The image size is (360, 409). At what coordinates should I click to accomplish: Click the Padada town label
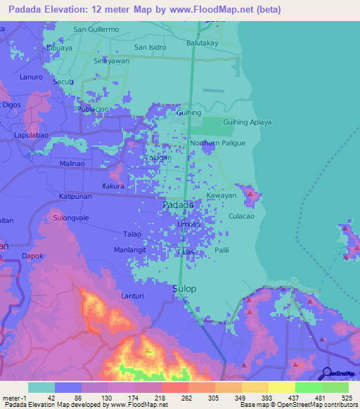[x=178, y=204]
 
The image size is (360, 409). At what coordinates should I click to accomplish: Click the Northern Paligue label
[x=217, y=143]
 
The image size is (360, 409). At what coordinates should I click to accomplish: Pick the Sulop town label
[x=184, y=289]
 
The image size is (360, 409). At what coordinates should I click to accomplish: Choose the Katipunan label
[x=75, y=196]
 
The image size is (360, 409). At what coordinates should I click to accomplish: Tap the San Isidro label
[x=150, y=47]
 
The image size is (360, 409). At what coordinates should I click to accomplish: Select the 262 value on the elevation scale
[x=188, y=398]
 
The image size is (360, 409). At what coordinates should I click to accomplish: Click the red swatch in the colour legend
[x=174, y=387]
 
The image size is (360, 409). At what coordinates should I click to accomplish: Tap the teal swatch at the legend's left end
[x=41, y=387]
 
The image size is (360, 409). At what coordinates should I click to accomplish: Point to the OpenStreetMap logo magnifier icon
[x=327, y=374]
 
